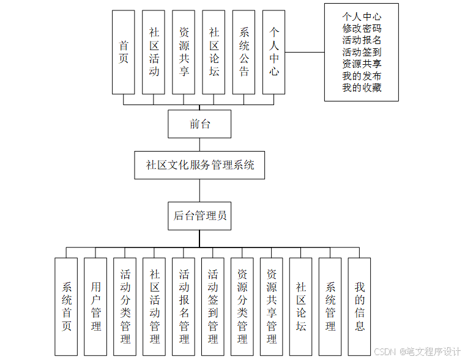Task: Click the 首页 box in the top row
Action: point(124,52)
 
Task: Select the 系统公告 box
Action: point(244,52)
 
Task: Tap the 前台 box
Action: point(199,124)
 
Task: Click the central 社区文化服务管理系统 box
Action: point(199,165)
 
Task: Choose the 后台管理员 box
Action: point(199,215)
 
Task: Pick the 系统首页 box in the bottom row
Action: point(66,306)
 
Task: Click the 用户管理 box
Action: point(95,306)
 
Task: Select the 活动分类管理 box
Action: point(125,306)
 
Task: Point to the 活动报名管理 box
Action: point(184,306)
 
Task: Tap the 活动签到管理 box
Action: point(213,306)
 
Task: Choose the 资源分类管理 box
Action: point(242,306)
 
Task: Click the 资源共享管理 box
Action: point(272,306)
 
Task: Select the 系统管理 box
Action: point(330,306)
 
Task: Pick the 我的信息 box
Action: point(360,306)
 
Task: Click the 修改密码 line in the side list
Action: point(362,28)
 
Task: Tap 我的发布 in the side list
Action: point(362,76)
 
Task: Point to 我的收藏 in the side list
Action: point(362,87)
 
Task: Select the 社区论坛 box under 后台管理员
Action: point(301,306)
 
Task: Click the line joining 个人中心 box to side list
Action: point(305,52)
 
